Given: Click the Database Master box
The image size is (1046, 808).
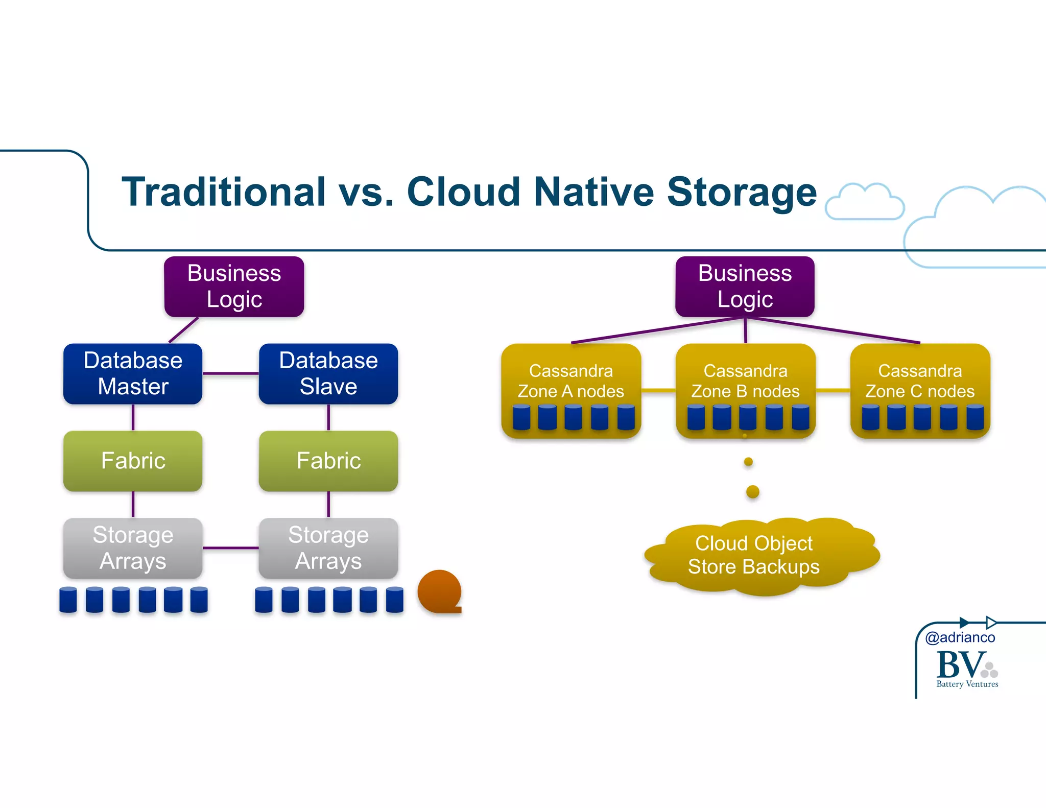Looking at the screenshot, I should (x=133, y=373).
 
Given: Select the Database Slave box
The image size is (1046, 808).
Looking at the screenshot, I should (x=328, y=373).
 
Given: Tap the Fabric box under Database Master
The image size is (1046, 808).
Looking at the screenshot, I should (x=133, y=461).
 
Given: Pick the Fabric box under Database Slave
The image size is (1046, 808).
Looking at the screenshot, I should (x=328, y=461).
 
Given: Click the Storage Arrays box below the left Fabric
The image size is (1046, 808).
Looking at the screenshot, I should (x=133, y=548).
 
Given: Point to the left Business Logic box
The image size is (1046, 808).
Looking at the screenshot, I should (x=234, y=286).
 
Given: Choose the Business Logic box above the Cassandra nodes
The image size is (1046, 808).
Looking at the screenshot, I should (x=745, y=286).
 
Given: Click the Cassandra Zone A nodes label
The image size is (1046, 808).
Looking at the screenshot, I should (x=570, y=381).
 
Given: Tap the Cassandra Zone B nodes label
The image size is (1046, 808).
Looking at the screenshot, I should (x=745, y=381).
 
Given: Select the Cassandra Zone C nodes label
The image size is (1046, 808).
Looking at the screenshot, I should (x=920, y=381).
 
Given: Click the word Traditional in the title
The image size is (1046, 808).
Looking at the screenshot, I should (x=224, y=192).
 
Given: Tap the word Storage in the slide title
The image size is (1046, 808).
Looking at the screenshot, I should (x=742, y=192).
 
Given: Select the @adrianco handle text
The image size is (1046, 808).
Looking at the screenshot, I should (x=960, y=637).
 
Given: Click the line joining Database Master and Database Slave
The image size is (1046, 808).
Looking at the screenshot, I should (x=230, y=373).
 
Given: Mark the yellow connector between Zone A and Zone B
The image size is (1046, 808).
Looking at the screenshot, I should (x=658, y=391).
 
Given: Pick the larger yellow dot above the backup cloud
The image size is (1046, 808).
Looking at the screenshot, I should (x=752, y=492).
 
